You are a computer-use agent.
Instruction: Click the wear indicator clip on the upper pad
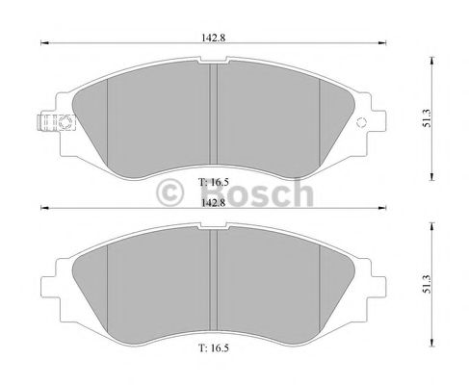tap(52, 123)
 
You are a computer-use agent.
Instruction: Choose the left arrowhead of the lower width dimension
tap(42, 208)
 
